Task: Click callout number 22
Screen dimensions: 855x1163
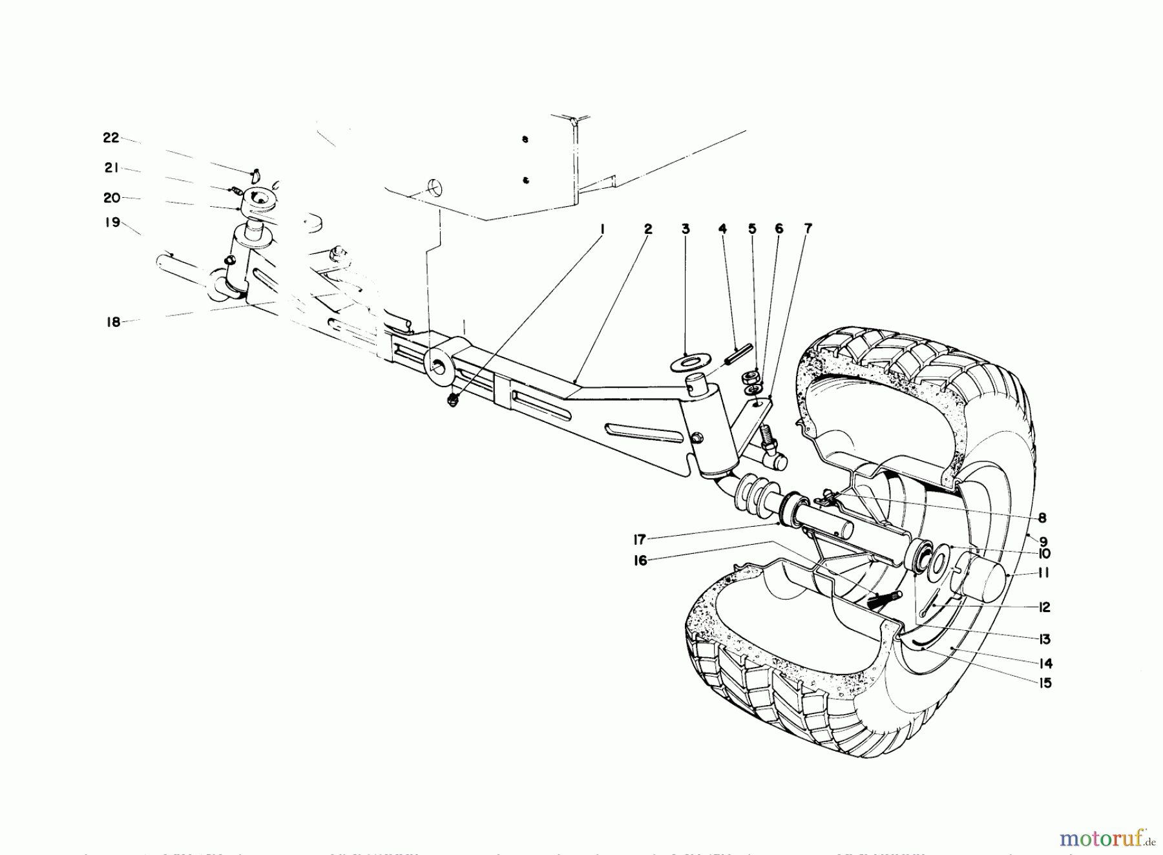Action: pyautogui.click(x=111, y=138)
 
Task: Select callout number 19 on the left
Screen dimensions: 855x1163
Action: pyautogui.click(x=113, y=223)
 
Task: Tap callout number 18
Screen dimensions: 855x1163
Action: pyautogui.click(x=114, y=322)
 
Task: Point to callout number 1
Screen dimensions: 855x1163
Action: pyautogui.click(x=602, y=229)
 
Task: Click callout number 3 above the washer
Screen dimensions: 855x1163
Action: pyautogui.click(x=686, y=229)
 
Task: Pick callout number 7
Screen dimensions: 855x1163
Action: pyautogui.click(x=808, y=229)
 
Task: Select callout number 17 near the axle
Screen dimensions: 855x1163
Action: pyautogui.click(x=640, y=540)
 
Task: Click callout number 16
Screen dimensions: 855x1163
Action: pyautogui.click(x=640, y=562)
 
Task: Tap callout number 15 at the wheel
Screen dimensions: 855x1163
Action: pyautogui.click(x=1045, y=683)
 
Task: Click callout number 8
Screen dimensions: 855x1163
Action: pyautogui.click(x=1042, y=518)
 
